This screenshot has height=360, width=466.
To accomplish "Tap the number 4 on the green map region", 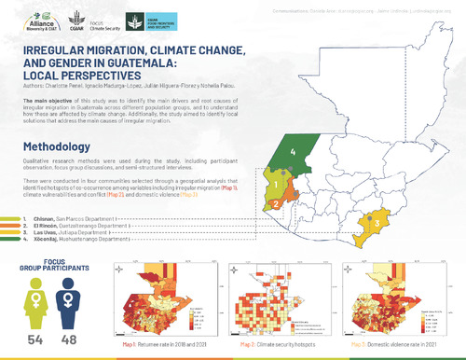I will (x=295, y=150).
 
